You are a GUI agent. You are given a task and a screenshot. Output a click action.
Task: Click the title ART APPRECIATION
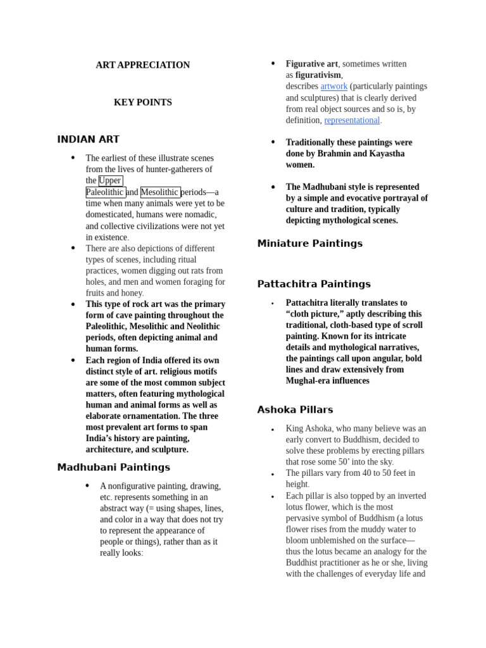pyautogui.click(x=142, y=65)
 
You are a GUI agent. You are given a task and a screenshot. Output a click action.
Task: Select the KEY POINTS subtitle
pyautogui.click(x=142, y=103)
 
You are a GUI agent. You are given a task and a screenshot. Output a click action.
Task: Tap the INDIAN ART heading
pyautogui.click(x=88, y=140)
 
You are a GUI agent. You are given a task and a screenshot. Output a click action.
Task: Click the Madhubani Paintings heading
pyautogui.click(x=113, y=468)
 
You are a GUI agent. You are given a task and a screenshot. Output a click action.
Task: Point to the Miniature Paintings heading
pyautogui.click(x=309, y=244)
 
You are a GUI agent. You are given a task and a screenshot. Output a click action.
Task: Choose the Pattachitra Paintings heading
pyautogui.click(x=314, y=284)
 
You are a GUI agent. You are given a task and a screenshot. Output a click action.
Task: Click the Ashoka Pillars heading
pyautogui.click(x=295, y=410)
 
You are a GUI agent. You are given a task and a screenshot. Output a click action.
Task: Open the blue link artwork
pyautogui.click(x=333, y=86)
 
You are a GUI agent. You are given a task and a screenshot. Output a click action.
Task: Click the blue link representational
pyautogui.click(x=352, y=120)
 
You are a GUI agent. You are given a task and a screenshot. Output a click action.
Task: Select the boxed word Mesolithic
pyautogui.click(x=160, y=192)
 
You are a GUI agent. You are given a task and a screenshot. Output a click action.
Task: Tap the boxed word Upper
pyautogui.click(x=110, y=181)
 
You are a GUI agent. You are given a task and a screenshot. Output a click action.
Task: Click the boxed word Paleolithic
pyautogui.click(x=105, y=192)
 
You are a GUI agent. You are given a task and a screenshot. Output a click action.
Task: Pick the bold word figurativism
pyautogui.click(x=318, y=75)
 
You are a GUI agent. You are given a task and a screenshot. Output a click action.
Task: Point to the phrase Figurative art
pyautogui.click(x=311, y=64)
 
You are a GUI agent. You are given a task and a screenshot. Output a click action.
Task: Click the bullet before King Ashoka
pyautogui.click(x=273, y=430)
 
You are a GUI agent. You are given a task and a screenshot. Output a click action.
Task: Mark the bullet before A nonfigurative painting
pyautogui.click(x=87, y=485)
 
